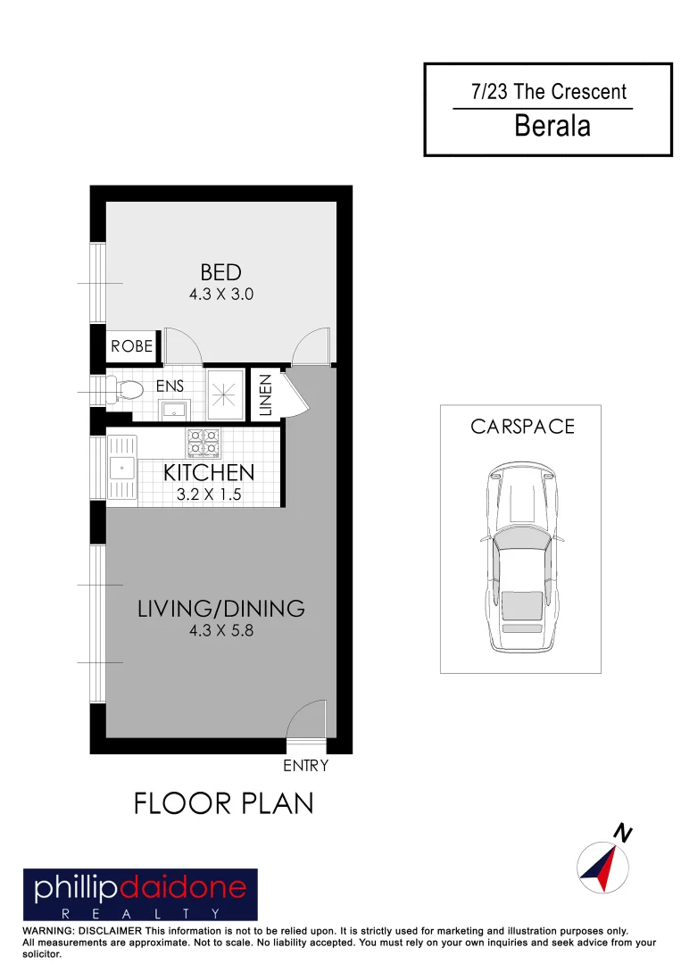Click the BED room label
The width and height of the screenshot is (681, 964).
[x=220, y=272]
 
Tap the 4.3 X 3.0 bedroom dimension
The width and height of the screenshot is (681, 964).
[x=221, y=294]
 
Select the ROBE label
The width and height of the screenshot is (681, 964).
[x=132, y=346]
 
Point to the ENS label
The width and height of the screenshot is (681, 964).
[x=170, y=386]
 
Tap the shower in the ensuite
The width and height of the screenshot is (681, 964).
[x=225, y=394]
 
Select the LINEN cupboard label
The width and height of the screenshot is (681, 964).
[x=265, y=395]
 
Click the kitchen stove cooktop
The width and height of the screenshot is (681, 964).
[x=203, y=442]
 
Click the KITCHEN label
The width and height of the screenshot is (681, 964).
[x=209, y=473]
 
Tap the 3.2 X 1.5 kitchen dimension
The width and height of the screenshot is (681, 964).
[x=209, y=494]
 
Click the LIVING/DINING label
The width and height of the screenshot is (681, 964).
[x=221, y=609]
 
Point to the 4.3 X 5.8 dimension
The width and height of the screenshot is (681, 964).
[x=221, y=631]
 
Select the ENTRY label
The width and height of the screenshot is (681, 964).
[x=305, y=766]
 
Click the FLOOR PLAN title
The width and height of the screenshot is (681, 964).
[x=224, y=803]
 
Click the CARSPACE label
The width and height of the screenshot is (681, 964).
[x=522, y=427]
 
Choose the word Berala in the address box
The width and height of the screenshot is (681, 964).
[x=552, y=126]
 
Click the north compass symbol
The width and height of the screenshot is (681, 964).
[x=599, y=867]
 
